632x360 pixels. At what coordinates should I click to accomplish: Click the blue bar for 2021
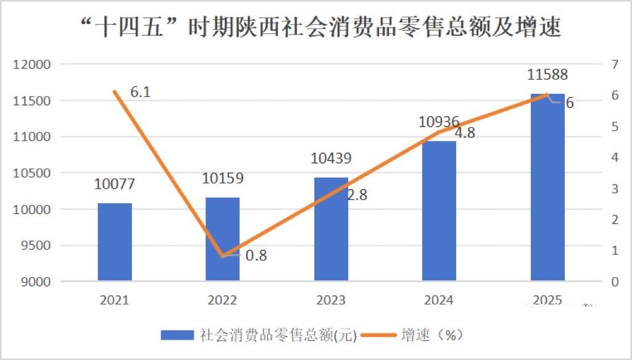click(115, 241)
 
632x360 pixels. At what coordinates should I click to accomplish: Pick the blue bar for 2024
click(439, 211)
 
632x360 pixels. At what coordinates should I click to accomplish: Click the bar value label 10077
click(114, 184)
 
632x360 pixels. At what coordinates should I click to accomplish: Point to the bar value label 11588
click(547, 75)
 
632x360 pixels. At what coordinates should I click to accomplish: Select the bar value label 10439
click(331, 158)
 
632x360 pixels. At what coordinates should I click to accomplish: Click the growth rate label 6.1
click(141, 93)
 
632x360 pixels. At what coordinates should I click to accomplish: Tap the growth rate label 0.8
click(256, 255)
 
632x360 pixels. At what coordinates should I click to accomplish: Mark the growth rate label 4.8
click(465, 132)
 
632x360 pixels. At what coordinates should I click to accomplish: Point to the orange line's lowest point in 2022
click(223, 256)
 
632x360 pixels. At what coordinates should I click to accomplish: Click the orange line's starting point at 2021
click(115, 91)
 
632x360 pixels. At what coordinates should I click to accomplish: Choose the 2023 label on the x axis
click(331, 300)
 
